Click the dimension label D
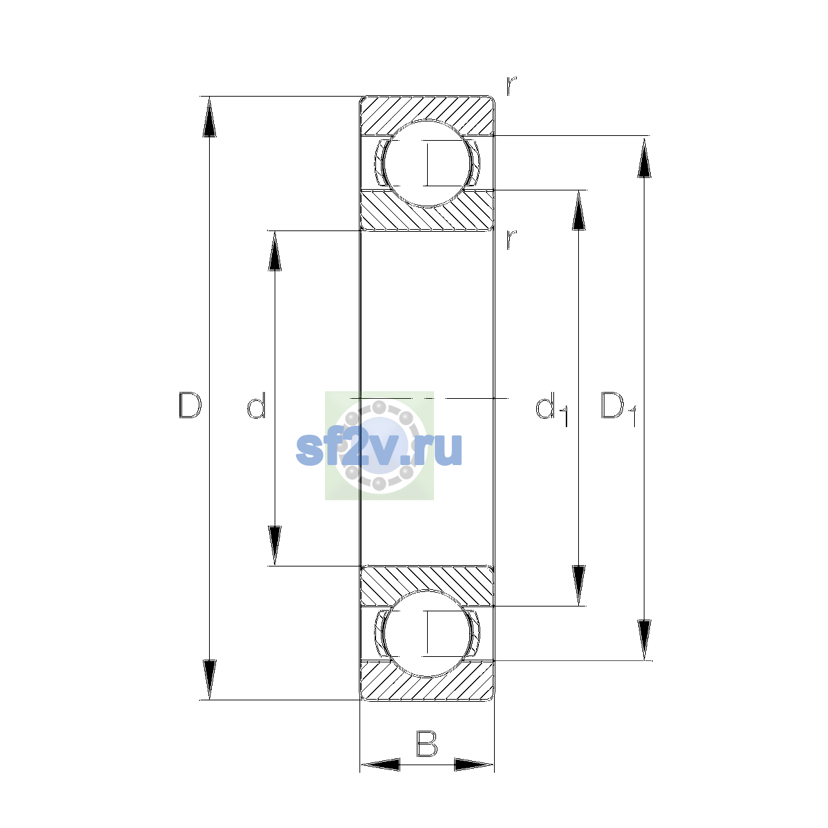[x=190, y=405]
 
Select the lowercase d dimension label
[x=257, y=405]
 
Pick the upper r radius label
[x=511, y=86]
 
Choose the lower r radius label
[x=511, y=239]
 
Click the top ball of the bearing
[x=426, y=164]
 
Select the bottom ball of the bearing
[x=426, y=634]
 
